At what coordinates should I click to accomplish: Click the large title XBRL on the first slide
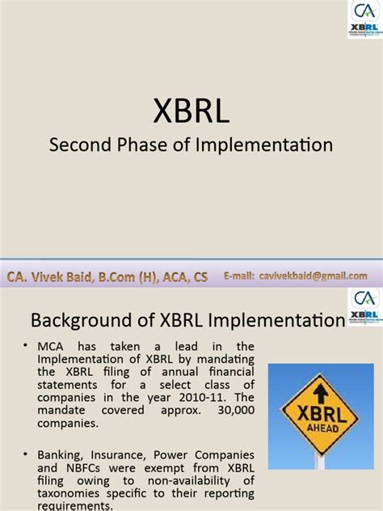coord(191,112)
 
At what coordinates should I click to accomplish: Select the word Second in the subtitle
coord(76,146)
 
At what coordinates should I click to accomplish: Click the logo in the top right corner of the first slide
coord(364,19)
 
